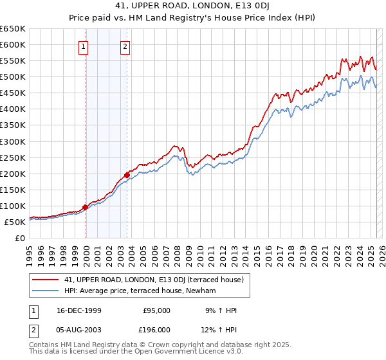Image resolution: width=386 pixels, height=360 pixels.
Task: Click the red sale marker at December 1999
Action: tap(86, 207)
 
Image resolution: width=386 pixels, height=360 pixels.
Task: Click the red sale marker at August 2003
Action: tap(127, 174)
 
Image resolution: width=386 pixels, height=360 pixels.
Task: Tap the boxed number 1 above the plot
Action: tap(84, 46)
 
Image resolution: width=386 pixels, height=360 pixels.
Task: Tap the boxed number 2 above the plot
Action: tap(125, 46)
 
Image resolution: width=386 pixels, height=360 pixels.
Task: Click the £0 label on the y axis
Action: tap(20, 238)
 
